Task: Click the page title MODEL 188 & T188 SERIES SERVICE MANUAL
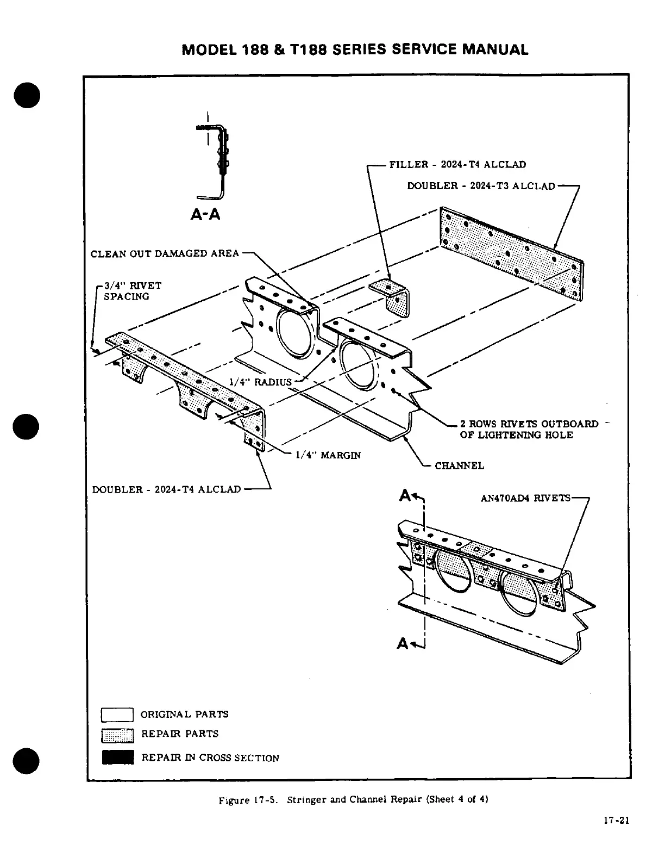[355, 49]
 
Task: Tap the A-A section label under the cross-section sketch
[205, 214]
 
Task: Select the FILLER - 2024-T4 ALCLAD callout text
[457, 164]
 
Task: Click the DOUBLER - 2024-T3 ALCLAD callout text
[481, 186]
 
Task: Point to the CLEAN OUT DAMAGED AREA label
[165, 253]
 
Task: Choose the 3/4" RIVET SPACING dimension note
[132, 291]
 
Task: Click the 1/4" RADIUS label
[260, 382]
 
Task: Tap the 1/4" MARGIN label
[328, 455]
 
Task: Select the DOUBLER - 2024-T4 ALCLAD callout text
[166, 489]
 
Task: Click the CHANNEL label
[459, 465]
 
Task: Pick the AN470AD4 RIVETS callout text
[525, 498]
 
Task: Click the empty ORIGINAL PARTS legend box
[117, 714]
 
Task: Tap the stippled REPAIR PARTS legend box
[117, 735]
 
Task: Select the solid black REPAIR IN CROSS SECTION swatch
[117, 757]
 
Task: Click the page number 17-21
[616, 821]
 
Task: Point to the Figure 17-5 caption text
[353, 800]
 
